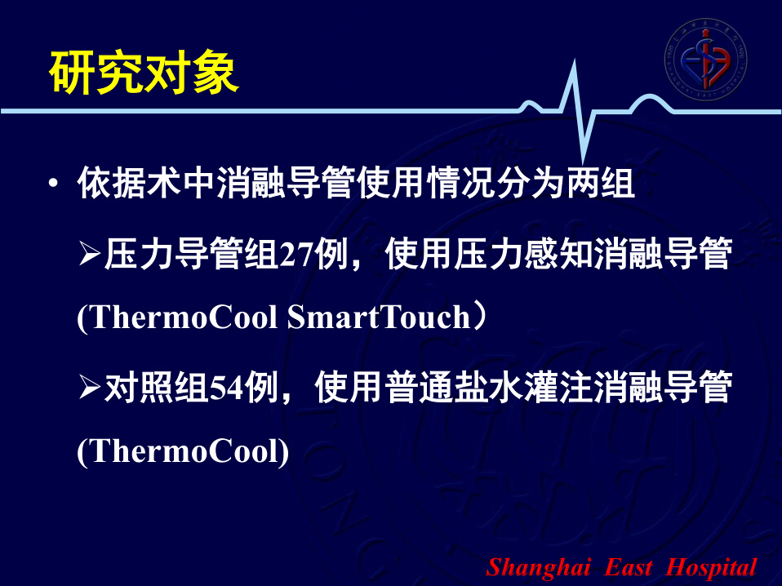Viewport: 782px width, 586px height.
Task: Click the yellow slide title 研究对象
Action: point(144,73)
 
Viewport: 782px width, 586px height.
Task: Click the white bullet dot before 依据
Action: point(53,184)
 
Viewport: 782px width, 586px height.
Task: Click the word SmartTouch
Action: point(379,317)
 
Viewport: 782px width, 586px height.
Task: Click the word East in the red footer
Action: point(628,567)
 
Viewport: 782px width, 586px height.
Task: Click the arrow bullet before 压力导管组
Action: point(90,254)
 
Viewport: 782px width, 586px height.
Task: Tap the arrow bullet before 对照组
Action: point(90,388)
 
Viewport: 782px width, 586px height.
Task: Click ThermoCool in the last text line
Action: point(183,452)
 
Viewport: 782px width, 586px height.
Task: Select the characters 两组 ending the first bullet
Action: point(601,183)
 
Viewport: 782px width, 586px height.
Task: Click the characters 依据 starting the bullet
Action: point(112,183)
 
